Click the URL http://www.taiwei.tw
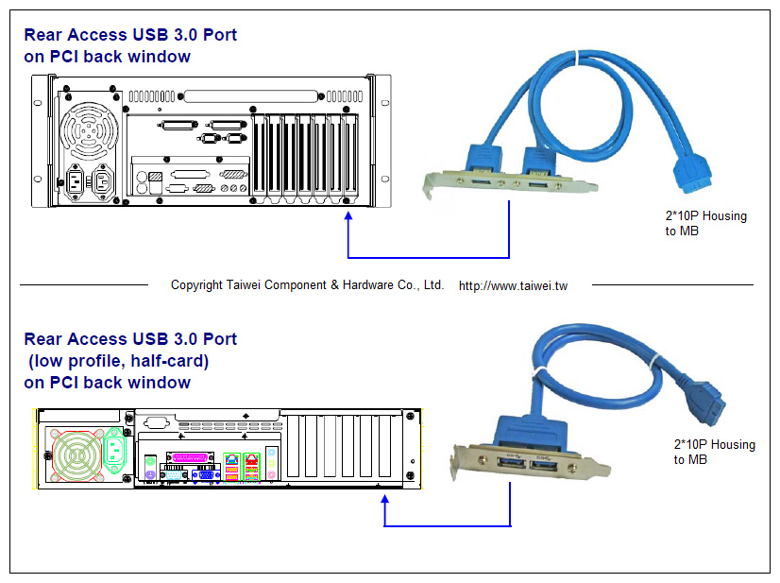(x=513, y=285)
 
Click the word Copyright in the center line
(x=197, y=285)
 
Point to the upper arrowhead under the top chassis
(x=348, y=217)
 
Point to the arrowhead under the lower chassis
(x=384, y=502)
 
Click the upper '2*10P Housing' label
(x=705, y=216)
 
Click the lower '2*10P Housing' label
(x=714, y=445)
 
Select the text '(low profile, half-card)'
(x=118, y=361)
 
